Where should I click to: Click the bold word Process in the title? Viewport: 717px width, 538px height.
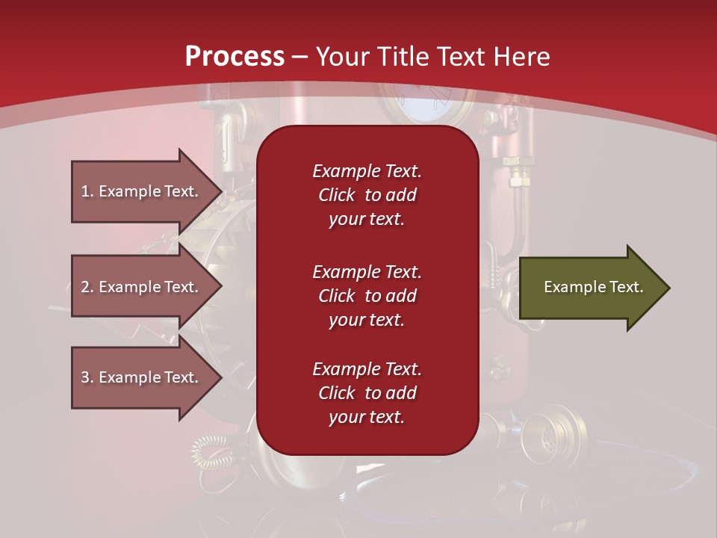coord(235,56)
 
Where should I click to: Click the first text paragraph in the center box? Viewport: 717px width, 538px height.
coord(367,195)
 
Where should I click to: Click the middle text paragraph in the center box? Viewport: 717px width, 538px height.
coord(367,296)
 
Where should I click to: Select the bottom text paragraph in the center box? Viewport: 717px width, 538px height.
coord(367,393)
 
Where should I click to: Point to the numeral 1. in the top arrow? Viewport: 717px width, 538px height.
coord(87,191)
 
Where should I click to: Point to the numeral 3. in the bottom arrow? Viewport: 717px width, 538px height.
coord(87,377)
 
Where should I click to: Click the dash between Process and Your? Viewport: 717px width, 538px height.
coord(300,57)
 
